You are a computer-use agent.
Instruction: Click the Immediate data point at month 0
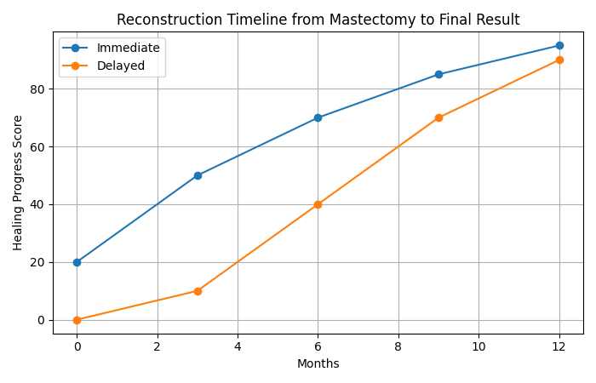(x=77, y=262)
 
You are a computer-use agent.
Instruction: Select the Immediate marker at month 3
(x=198, y=175)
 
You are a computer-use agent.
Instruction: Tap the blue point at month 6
(x=318, y=117)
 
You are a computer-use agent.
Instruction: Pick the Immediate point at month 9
(x=438, y=74)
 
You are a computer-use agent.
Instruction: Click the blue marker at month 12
(x=559, y=45)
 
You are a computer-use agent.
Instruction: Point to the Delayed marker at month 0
(x=77, y=320)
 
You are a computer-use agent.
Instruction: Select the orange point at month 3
(x=198, y=291)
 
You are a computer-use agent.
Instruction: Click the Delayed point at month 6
(x=318, y=204)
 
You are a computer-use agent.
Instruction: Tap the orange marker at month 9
(x=438, y=117)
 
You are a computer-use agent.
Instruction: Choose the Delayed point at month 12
(x=559, y=60)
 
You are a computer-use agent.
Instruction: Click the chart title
(x=318, y=20)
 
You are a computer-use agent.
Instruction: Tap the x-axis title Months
(x=318, y=363)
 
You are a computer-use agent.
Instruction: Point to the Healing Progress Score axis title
(x=18, y=182)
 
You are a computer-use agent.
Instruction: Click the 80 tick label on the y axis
(x=38, y=89)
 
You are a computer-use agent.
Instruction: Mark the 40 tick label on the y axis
(x=38, y=204)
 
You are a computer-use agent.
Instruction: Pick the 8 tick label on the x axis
(x=398, y=346)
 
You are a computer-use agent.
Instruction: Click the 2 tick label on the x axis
(x=157, y=346)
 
